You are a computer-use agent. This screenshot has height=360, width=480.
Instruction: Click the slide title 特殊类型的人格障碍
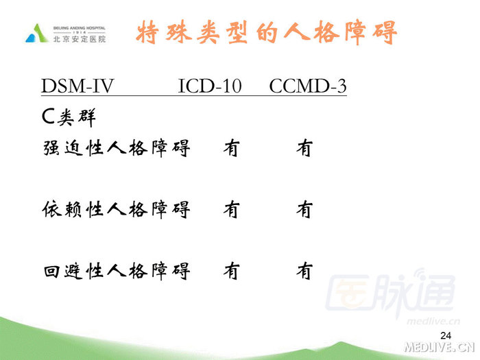267,32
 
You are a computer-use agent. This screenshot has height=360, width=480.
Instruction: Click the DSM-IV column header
77,87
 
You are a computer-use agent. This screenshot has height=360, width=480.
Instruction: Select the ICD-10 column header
209,87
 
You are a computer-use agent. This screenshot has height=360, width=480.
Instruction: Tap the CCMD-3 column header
308,87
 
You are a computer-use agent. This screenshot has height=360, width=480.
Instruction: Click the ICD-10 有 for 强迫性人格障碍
231,147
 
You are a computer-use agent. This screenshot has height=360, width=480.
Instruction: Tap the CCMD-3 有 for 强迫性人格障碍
304,147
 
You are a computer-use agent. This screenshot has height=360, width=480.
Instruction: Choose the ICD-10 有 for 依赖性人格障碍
231,209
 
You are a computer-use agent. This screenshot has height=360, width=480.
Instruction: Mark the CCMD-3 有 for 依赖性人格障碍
304,209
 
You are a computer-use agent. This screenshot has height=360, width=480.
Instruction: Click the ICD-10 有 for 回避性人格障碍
231,272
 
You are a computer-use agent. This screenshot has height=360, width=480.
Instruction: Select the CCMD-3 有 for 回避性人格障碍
304,272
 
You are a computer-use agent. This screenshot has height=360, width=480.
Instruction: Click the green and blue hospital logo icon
37,33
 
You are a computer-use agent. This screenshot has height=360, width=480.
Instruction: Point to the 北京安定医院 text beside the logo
80,40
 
